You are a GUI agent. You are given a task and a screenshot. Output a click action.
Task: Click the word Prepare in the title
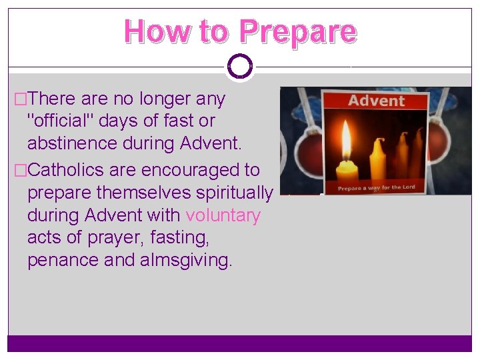pos(297,31)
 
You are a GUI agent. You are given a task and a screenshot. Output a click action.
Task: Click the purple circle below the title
pos(239,66)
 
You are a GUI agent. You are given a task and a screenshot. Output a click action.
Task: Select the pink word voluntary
pos(223,215)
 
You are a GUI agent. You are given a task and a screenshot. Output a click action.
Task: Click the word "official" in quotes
pos(67,121)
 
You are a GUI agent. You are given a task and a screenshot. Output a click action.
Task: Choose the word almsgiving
pos(186,259)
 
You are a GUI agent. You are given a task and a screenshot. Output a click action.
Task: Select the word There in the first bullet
pos(53,99)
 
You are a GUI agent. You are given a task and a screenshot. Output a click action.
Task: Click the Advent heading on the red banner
pos(376,101)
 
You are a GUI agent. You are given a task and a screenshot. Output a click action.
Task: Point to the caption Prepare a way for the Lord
pos(376,187)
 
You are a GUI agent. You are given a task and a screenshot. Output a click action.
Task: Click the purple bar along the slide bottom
pos(239,343)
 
